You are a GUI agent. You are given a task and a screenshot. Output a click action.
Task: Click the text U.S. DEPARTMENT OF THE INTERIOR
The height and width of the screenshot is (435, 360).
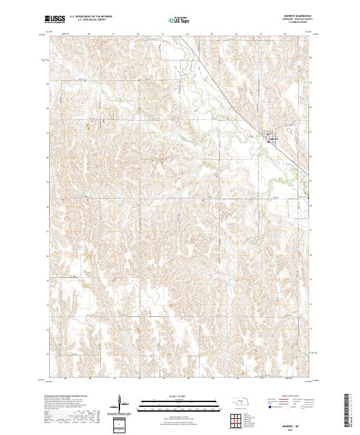pyautogui.click(x=91, y=17)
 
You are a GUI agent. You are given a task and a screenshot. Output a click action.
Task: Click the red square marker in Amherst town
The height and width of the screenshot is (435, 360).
pyautogui.click(x=268, y=142)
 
